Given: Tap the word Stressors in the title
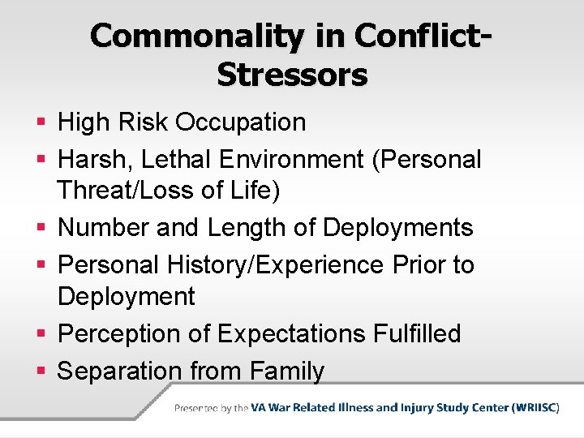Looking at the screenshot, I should pos(292,74).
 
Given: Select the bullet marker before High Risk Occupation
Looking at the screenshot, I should pos(41,122).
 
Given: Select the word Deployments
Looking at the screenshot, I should pos(397,228).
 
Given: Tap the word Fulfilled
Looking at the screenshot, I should pos(415,333).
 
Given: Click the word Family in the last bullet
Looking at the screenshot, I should pos(287,371).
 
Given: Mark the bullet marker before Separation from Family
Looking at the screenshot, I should pos(41,371).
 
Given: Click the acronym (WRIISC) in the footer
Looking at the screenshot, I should pos(535,408).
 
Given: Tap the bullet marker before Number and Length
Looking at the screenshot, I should pos(41,228).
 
